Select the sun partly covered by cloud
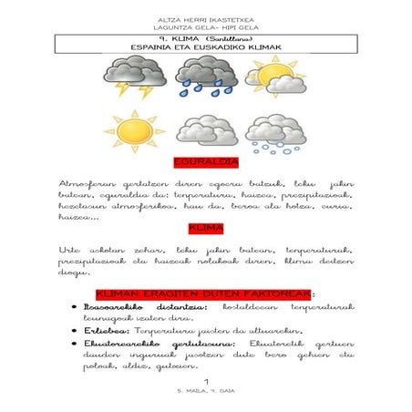click(268, 77)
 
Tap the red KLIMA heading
click(206, 228)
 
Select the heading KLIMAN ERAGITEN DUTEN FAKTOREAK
click(205, 294)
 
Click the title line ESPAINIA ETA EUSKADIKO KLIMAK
click(206, 47)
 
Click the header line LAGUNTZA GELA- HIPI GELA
click(206, 28)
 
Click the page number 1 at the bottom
click(207, 379)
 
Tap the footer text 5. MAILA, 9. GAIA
click(207, 389)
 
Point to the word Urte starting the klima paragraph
click(70, 249)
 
